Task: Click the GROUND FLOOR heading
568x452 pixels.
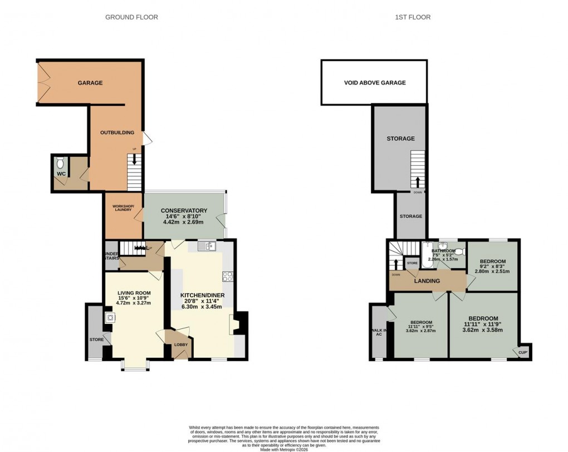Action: click(131, 17)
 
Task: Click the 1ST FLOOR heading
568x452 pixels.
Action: click(413, 17)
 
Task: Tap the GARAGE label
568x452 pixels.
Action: click(90, 83)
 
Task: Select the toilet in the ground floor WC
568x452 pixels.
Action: click(61, 163)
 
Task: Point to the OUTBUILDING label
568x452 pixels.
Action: click(117, 132)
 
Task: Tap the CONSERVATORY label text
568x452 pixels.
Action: click(184, 210)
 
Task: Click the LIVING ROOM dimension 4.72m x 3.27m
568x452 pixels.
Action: click(134, 303)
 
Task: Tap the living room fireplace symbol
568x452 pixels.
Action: click(110, 318)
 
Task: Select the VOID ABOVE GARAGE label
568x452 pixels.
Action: click(374, 83)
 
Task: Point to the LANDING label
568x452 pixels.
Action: click(427, 281)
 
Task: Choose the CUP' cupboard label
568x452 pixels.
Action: click(522, 352)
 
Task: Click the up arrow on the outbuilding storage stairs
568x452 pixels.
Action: click(418, 181)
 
